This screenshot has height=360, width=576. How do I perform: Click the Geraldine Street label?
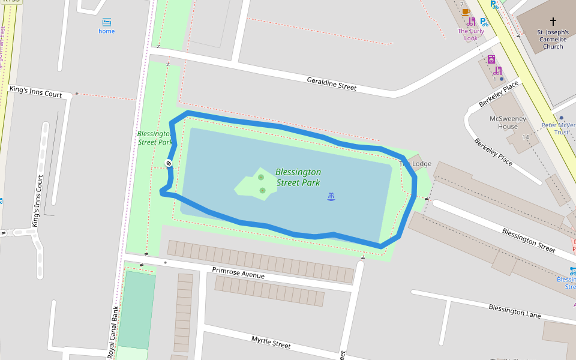tap(331, 83)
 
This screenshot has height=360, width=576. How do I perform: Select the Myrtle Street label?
tap(271, 342)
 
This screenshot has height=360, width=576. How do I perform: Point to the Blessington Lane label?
tap(514, 311)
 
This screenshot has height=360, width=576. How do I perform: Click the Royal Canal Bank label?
tap(112, 333)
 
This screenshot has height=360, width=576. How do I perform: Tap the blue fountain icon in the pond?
tap(331, 196)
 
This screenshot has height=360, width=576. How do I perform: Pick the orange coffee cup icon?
tap(466, 12)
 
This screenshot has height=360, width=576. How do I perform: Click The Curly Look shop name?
tap(470, 34)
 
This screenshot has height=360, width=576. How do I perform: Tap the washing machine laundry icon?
tap(491, 59)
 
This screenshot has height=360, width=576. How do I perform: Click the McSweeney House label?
tap(508, 122)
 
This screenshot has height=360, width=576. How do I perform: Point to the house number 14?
tap(525, 137)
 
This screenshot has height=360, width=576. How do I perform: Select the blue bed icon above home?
tap(107, 22)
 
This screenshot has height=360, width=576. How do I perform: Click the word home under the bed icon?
tap(107, 31)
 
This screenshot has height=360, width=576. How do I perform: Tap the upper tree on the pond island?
tap(261, 177)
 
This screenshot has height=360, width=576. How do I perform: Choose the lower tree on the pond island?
tap(263, 190)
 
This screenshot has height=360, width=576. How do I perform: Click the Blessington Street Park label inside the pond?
tap(298, 177)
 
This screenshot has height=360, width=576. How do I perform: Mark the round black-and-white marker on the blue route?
tap(169, 163)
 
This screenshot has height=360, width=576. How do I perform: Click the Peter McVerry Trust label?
tap(557, 128)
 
